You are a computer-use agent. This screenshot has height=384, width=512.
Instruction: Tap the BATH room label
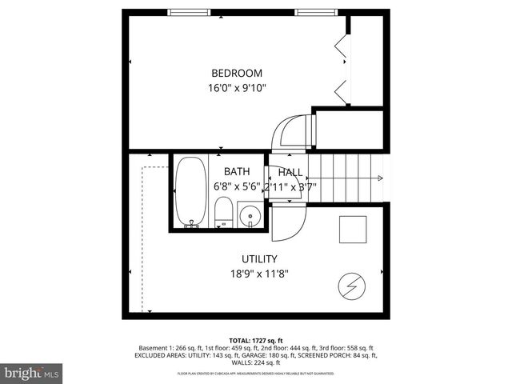[236, 171]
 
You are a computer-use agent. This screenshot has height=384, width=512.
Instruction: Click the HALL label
[290, 172]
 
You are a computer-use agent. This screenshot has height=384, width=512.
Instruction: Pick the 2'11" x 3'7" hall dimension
[290, 186]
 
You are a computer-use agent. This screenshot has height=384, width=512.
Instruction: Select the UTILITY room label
[259, 258]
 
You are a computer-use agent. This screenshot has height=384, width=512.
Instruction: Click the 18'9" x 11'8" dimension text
[259, 274]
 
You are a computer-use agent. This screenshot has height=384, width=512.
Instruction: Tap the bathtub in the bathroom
[190, 192]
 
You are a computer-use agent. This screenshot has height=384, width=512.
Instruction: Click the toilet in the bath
[223, 214]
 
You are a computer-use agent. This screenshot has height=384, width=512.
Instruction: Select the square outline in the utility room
[352, 230]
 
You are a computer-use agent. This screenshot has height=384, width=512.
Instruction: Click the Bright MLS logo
[32, 373]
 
